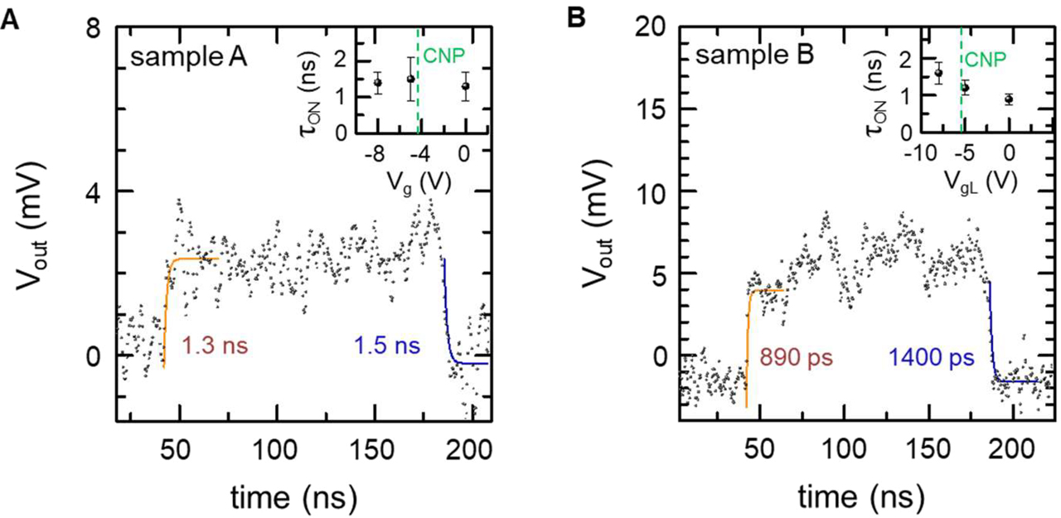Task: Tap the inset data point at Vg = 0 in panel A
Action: (466, 85)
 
